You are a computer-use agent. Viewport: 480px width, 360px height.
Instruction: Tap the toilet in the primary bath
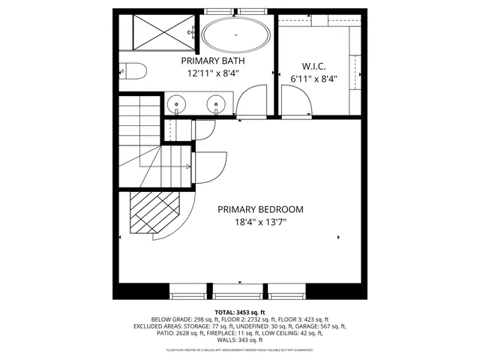(x=133, y=72)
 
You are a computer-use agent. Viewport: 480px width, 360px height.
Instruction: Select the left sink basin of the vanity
(x=175, y=103)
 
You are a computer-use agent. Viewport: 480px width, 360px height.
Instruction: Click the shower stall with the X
(x=154, y=30)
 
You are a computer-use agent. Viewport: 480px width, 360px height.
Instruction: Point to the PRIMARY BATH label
(x=212, y=60)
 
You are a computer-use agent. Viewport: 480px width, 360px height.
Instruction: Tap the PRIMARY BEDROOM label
(x=260, y=209)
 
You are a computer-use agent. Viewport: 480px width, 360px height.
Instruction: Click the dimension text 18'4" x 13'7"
(x=260, y=222)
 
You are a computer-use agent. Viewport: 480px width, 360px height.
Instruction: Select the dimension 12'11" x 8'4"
(x=212, y=73)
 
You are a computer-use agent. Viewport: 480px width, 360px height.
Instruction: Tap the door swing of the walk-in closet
(x=295, y=100)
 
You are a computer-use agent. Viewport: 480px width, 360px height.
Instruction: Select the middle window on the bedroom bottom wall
(x=240, y=290)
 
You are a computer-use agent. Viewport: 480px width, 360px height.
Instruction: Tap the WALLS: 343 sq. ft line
(x=240, y=341)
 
